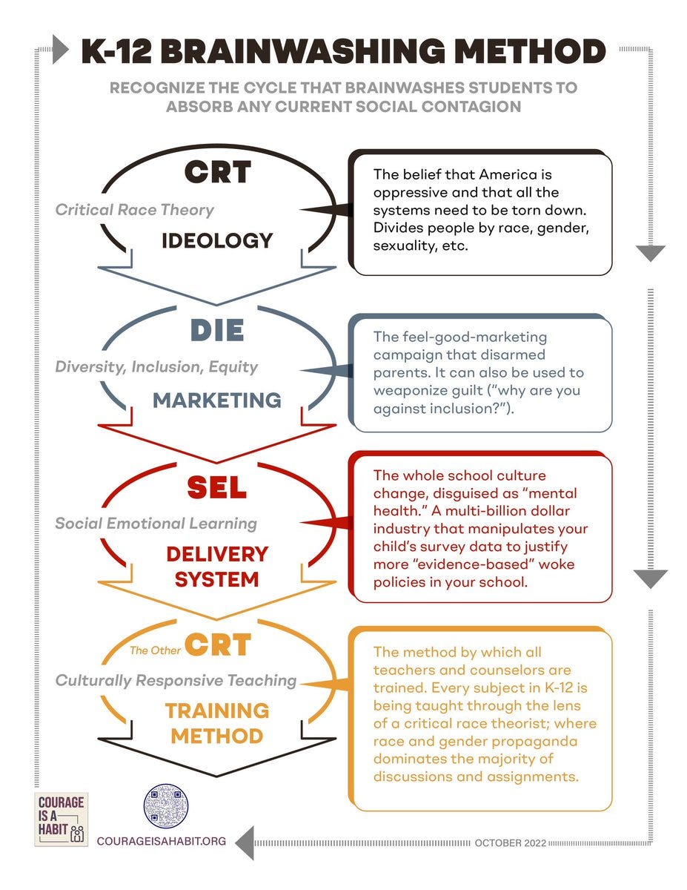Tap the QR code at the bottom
[166, 806]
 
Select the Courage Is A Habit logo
[62, 820]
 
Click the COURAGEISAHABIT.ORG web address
[162, 842]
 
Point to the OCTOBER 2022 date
[511, 843]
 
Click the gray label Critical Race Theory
[134, 210]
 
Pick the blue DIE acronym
[217, 330]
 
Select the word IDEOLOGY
[217, 240]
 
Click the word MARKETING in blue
[217, 400]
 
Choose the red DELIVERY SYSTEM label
[217, 566]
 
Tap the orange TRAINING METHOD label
[217, 723]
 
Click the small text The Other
[154, 651]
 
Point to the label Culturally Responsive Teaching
[176, 680]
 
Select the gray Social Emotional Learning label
[156, 523]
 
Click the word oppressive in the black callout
[408, 193]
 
